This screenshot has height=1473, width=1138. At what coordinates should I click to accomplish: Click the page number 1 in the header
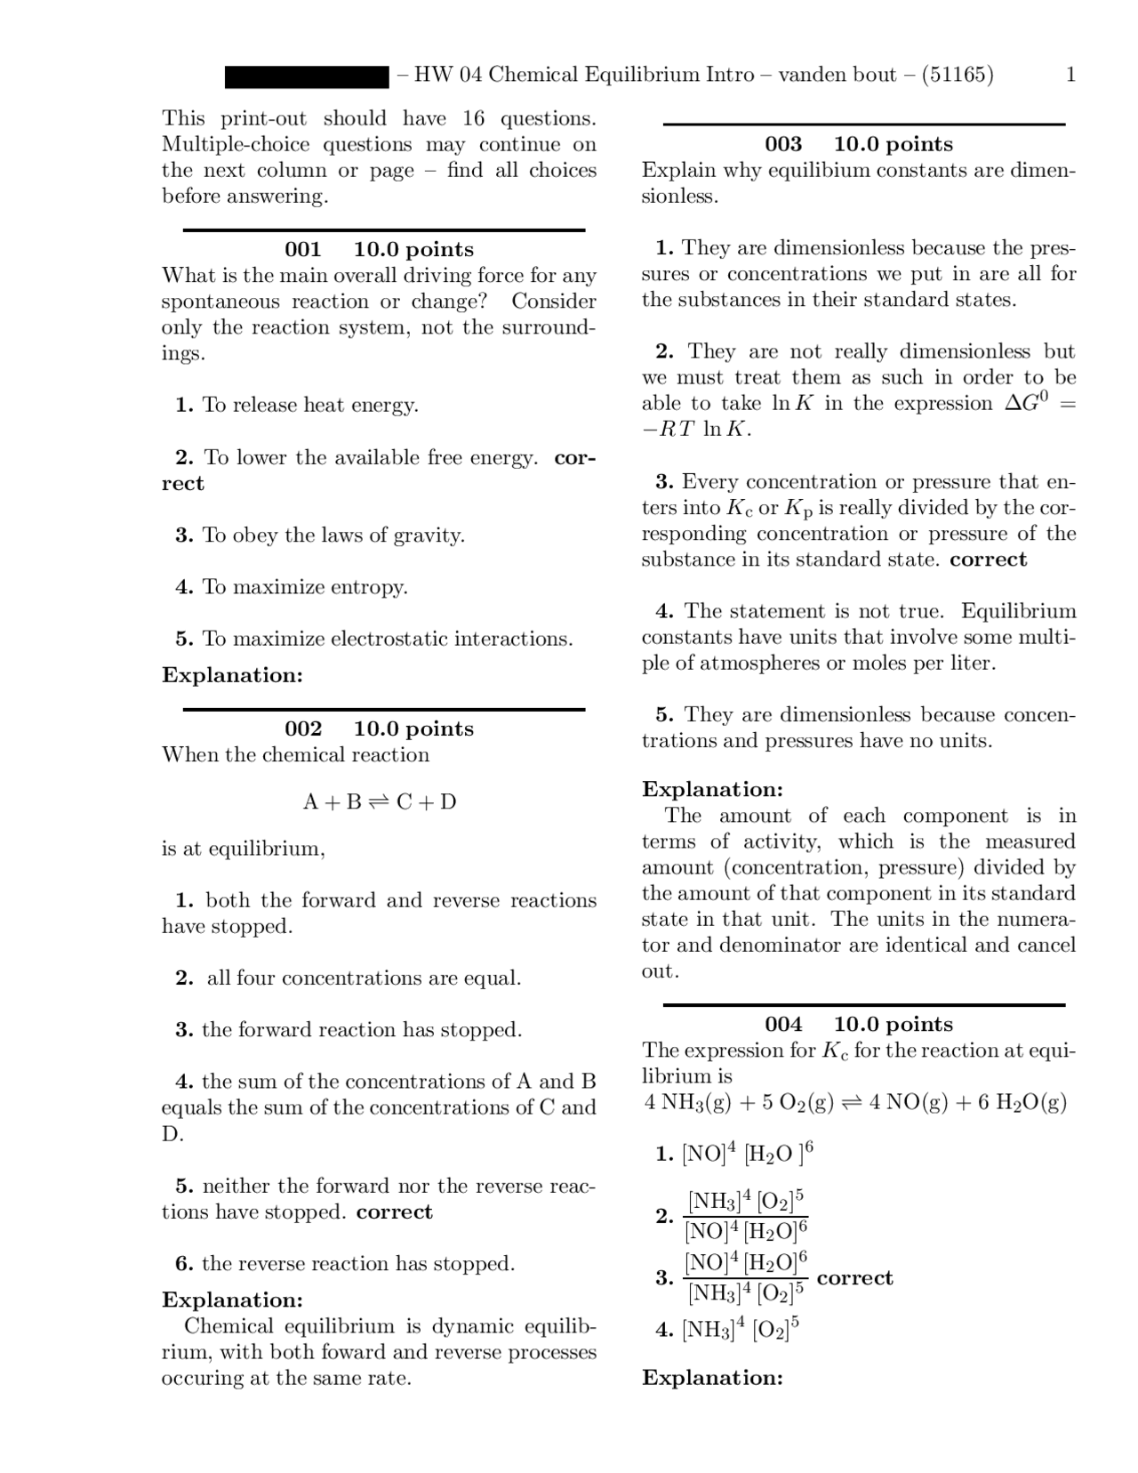coord(1070,75)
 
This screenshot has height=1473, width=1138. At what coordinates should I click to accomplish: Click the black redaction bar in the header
coord(307,76)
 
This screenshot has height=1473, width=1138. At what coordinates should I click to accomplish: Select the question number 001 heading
coord(302,250)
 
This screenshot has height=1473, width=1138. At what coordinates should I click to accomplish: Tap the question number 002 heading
coord(302,729)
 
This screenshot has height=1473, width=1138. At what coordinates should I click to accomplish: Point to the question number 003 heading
coord(783,144)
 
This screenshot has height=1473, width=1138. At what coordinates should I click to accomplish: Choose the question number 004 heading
coord(783,1025)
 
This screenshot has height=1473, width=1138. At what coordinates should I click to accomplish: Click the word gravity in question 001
coord(428,535)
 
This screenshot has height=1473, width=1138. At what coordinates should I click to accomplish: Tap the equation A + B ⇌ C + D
coord(380,802)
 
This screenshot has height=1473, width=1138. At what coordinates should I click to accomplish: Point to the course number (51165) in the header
coord(958,75)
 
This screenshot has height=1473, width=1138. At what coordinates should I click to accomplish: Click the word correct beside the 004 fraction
coord(854,1278)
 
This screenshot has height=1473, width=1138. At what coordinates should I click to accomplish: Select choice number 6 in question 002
coord(184,1264)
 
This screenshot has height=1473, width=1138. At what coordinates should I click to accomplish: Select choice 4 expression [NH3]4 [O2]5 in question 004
coord(741,1330)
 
